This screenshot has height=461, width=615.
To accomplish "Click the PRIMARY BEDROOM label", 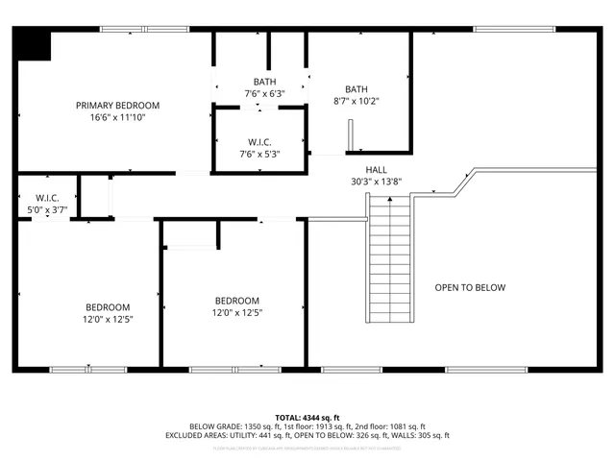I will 118,105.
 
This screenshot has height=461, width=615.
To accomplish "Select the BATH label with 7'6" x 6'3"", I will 264,82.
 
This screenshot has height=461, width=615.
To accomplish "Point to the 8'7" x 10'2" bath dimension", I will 357,99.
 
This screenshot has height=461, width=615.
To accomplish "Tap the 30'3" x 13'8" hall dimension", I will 376,182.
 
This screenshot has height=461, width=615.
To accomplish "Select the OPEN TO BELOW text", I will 470,287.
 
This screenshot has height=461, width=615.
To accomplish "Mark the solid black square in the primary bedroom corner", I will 36,45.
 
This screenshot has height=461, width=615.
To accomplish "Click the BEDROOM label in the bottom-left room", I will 108,306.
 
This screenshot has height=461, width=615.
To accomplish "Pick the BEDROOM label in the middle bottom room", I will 237,300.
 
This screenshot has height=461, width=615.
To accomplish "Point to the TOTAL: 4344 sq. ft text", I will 307,418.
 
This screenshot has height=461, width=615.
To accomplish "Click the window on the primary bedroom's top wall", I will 131,29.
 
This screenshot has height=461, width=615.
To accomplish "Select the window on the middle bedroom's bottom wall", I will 236,370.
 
